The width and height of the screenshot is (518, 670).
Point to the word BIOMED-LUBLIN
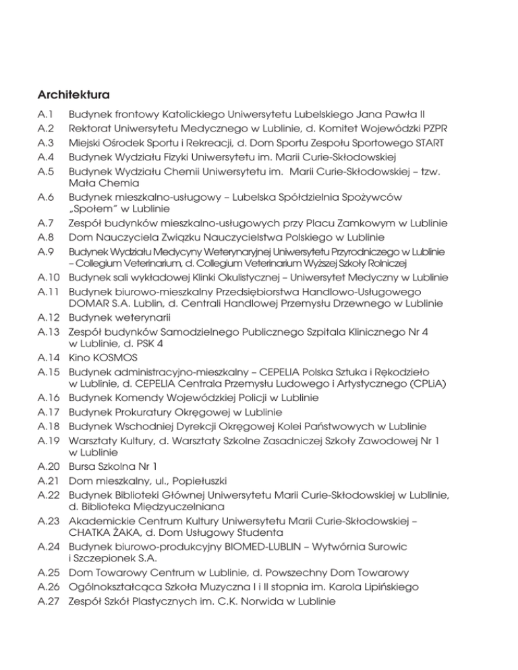click(x=256, y=545)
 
